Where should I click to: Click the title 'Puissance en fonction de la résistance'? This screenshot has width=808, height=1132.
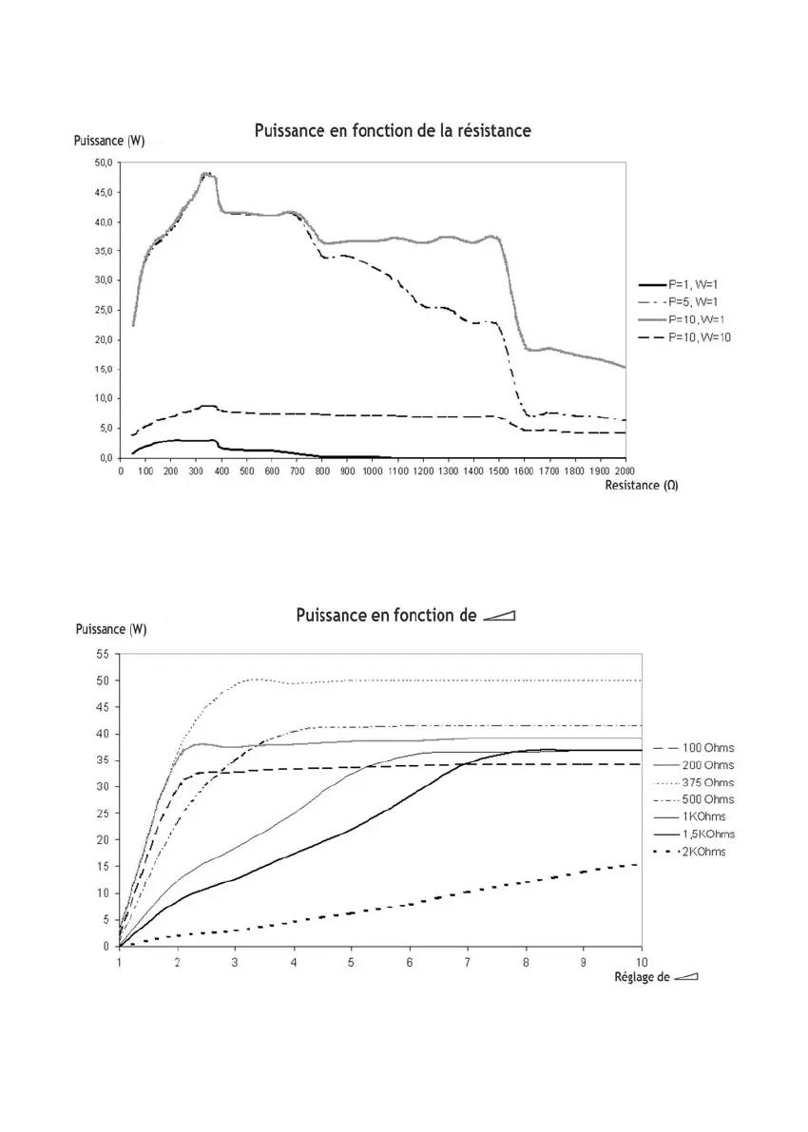393,130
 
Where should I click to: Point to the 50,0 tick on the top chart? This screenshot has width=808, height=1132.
101,163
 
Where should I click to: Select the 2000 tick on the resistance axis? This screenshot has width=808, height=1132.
625,470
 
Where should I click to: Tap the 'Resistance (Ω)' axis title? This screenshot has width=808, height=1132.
641,485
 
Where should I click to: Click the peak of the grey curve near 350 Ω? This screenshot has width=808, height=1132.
206,174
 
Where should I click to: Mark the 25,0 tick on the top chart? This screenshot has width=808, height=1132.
101,310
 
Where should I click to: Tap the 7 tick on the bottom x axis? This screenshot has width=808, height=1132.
467,960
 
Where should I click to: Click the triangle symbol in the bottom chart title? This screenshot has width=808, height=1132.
498,616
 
